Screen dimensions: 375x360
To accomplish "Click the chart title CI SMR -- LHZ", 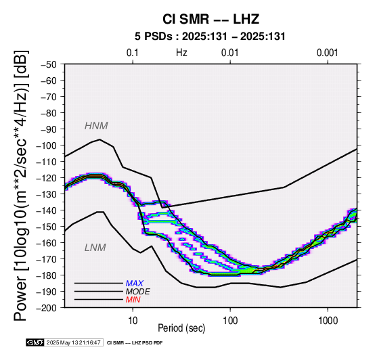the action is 211,19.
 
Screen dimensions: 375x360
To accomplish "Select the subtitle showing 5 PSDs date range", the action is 210,37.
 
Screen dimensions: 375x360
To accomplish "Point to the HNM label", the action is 96,126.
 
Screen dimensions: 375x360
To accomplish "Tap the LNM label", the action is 95,248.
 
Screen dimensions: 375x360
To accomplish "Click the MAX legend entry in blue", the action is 135,284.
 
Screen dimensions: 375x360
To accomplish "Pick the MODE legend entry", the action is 138,292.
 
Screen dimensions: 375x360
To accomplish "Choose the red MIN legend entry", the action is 133,300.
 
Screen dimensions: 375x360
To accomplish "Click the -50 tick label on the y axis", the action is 48,64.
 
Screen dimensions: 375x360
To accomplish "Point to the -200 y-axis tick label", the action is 47,308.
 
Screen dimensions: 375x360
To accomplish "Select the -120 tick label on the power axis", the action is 47,178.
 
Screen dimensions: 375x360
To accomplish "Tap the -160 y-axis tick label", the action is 47,243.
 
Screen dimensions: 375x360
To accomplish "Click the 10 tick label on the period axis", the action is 133,321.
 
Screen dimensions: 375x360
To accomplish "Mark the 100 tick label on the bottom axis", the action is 230,321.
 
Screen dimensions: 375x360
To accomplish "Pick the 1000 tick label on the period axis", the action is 328,321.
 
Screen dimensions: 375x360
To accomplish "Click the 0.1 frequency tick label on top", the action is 133,53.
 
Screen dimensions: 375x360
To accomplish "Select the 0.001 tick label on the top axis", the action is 327,53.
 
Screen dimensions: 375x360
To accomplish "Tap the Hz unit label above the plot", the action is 181,53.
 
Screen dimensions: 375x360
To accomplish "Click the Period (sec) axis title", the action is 181,328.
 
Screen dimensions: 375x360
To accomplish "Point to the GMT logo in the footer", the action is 35,342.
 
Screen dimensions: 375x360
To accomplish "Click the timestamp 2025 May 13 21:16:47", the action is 74,342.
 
